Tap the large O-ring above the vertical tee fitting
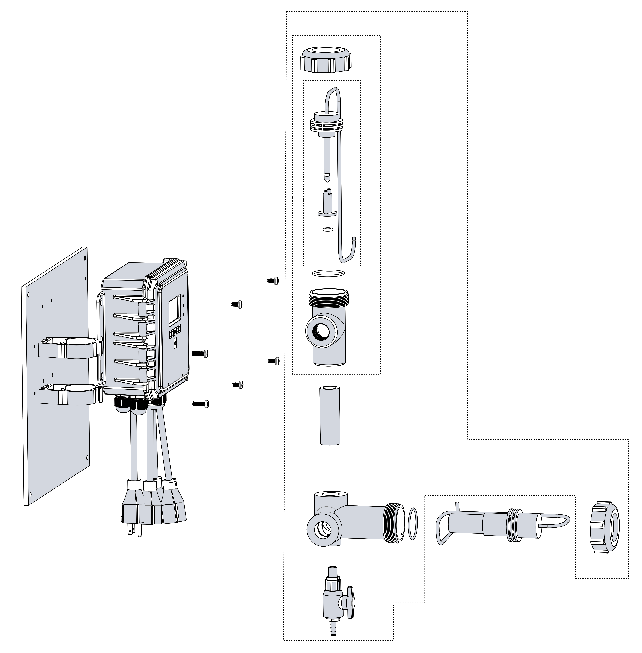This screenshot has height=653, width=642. point(329,273)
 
